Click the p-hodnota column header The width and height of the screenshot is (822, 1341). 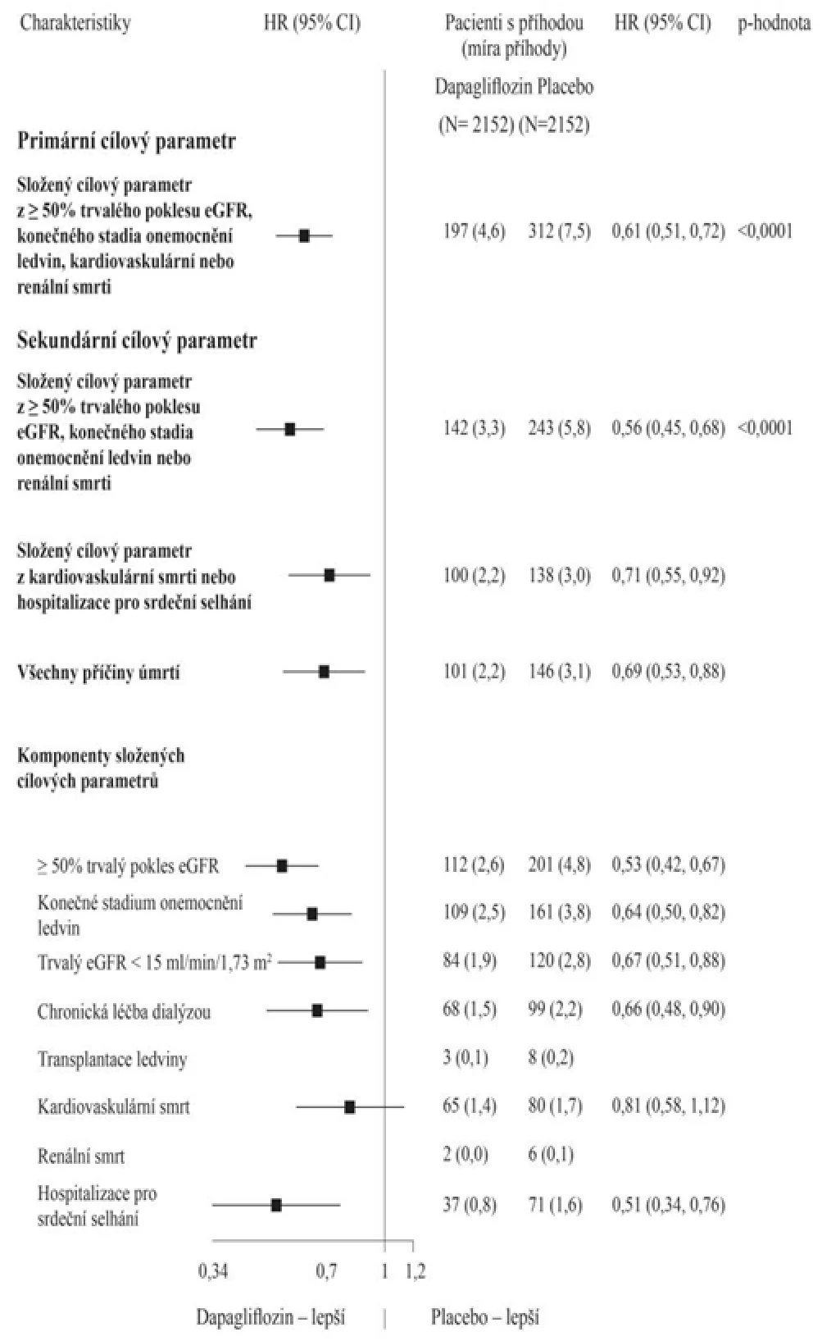[774, 23]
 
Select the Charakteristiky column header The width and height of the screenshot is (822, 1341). [75, 23]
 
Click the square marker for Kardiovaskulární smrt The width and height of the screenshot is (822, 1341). [349, 1107]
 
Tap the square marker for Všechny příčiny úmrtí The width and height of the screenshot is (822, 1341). [324, 672]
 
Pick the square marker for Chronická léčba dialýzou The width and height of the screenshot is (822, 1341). [317, 1010]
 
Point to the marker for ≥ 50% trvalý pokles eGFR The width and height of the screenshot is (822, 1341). [282, 865]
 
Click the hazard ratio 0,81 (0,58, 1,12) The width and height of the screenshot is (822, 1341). [668, 1106]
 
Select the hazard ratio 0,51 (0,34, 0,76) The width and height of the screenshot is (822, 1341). [668, 1205]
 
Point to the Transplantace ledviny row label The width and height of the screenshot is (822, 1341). [112, 1059]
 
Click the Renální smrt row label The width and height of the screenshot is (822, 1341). [81, 1156]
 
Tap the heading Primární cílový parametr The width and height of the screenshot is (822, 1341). [126, 141]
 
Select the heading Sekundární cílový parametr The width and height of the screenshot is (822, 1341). [137, 340]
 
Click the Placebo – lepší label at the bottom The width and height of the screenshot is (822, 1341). [485, 1317]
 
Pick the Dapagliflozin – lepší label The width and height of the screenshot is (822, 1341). [271, 1318]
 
